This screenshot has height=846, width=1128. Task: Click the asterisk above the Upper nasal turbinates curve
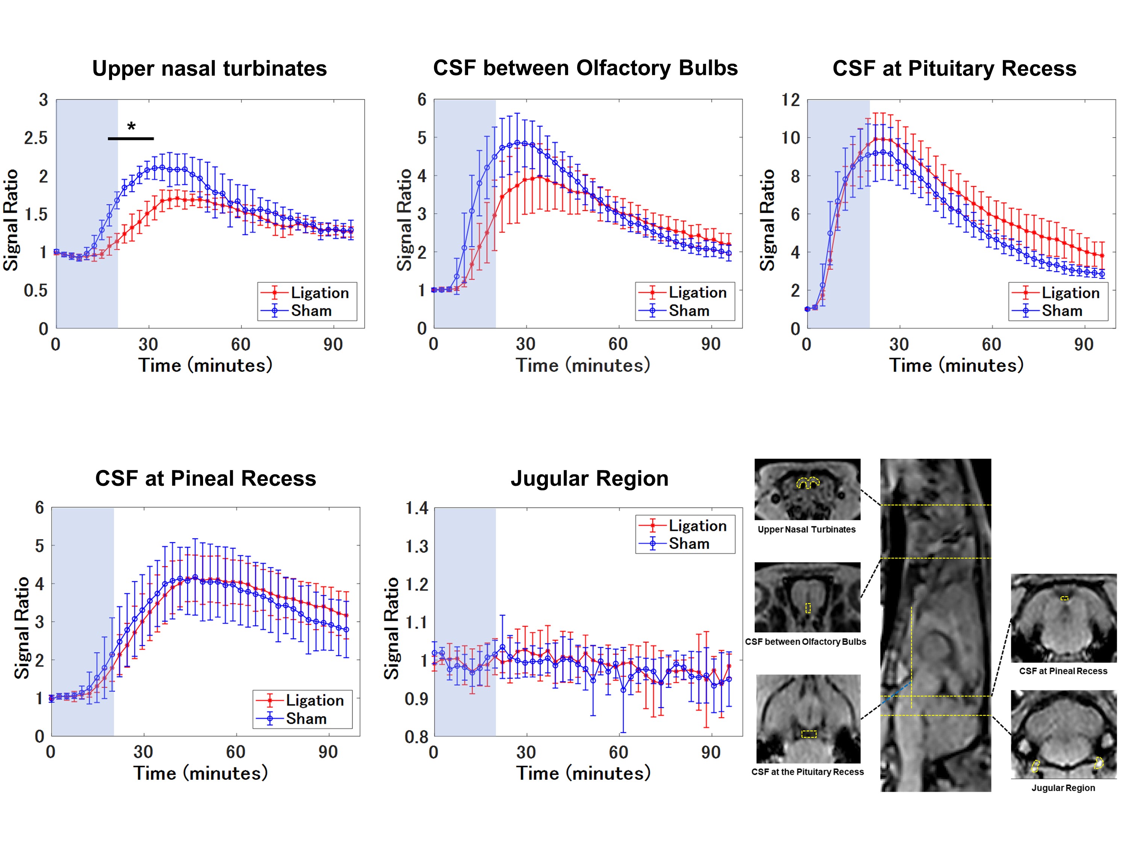tap(132, 126)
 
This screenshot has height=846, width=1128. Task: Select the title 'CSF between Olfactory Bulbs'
tap(585, 68)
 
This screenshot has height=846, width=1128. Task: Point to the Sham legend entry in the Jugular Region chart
tap(688, 544)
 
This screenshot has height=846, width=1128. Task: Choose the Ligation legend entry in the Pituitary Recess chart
tap(1070, 293)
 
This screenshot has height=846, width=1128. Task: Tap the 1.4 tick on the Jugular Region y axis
tap(416, 508)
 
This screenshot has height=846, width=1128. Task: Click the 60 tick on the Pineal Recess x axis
tap(236, 752)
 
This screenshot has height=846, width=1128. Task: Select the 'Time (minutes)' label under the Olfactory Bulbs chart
tap(583, 365)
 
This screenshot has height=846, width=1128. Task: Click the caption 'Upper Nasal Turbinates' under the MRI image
tap(806, 529)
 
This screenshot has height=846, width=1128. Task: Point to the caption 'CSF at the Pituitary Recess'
tap(807, 772)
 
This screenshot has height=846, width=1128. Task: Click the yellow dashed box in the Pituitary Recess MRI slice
tap(809, 734)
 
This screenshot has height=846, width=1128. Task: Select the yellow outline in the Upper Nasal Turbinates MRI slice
tap(808, 482)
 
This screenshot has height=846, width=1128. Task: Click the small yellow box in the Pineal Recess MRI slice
tap(1064, 598)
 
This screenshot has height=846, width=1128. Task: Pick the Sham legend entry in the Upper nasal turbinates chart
tap(311, 311)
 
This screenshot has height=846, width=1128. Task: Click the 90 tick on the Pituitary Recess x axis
tap(1083, 344)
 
